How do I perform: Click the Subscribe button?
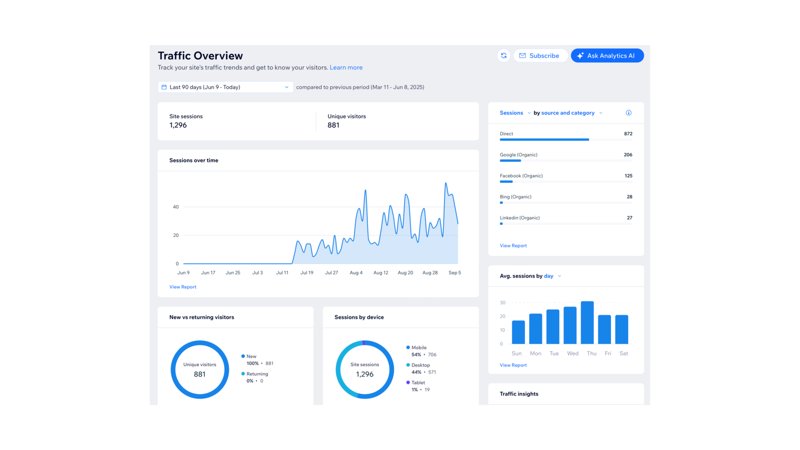[539, 55]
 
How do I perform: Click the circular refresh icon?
[503, 55]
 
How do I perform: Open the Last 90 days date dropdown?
[225, 87]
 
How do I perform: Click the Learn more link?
[346, 67]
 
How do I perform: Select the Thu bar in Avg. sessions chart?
[587, 322]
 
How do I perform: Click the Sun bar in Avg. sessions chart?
[518, 332]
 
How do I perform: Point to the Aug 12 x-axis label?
[380, 273]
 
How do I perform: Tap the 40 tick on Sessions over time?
[175, 207]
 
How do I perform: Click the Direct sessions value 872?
[628, 134]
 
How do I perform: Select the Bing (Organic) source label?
[515, 197]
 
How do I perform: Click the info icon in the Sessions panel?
[628, 113]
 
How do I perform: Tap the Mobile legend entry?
[418, 347]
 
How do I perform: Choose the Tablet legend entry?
[417, 382]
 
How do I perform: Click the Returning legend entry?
[257, 374]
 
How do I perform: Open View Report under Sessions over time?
[182, 287]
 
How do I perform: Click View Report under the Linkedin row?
[513, 246]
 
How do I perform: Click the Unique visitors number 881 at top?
[333, 125]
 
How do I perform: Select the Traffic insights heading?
[519, 394]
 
